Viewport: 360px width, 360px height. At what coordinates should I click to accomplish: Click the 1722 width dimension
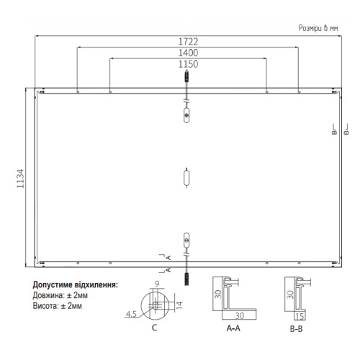(x=188, y=42)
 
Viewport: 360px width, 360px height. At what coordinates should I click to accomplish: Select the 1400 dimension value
(x=188, y=53)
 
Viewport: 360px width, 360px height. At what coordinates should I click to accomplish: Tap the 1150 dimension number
(x=188, y=64)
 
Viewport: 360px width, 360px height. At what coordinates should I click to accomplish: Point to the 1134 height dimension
(x=20, y=179)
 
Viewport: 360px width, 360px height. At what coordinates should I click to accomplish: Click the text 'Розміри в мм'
(x=318, y=28)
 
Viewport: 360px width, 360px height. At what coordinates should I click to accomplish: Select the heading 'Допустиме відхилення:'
(x=76, y=285)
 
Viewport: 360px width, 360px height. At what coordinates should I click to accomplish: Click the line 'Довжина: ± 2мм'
(x=60, y=295)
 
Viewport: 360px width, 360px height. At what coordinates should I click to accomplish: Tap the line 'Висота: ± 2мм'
(x=57, y=306)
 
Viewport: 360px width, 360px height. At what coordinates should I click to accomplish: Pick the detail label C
(x=155, y=328)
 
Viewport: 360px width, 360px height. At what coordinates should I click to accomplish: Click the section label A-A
(x=233, y=328)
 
